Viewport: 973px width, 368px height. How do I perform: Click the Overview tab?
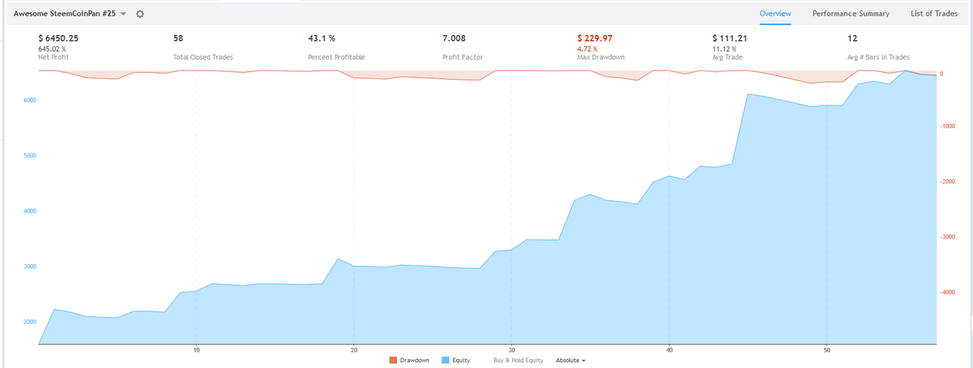pyautogui.click(x=775, y=14)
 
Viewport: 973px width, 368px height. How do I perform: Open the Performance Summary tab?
pyautogui.click(x=851, y=14)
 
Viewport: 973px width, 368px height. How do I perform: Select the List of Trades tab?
pyautogui.click(x=934, y=14)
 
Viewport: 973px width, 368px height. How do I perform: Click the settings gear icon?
pyautogui.click(x=140, y=14)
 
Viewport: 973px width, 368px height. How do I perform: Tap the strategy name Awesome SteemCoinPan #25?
pyautogui.click(x=65, y=14)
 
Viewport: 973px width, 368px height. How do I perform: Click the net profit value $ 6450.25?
pyautogui.click(x=59, y=38)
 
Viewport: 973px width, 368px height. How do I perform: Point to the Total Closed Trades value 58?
pyautogui.click(x=178, y=38)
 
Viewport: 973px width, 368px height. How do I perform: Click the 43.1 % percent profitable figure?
pyautogui.click(x=322, y=38)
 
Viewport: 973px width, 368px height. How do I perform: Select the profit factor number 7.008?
pyautogui.click(x=454, y=38)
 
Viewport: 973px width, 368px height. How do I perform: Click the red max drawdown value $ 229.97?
pyautogui.click(x=594, y=38)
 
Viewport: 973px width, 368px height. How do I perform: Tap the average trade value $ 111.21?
pyautogui.click(x=730, y=38)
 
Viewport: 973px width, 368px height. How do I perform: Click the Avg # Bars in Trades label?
pyautogui.click(x=878, y=57)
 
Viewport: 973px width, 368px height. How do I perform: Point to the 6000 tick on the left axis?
pyautogui.click(x=30, y=100)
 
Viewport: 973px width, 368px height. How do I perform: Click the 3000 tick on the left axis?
pyautogui.click(x=30, y=266)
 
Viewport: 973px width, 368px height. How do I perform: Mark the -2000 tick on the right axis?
pyautogui.click(x=947, y=181)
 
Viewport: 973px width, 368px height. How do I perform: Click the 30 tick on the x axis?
pyautogui.click(x=512, y=351)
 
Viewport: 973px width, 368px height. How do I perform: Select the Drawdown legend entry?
pyautogui.click(x=409, y=360)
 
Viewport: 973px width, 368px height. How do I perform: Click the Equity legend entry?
pyautogui.click(x=455, y=360)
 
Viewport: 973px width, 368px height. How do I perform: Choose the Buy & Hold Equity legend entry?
pyautogui.click(x=518, y=360)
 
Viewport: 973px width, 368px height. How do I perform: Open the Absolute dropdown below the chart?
pyautogui.click(x=570, y=360)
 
